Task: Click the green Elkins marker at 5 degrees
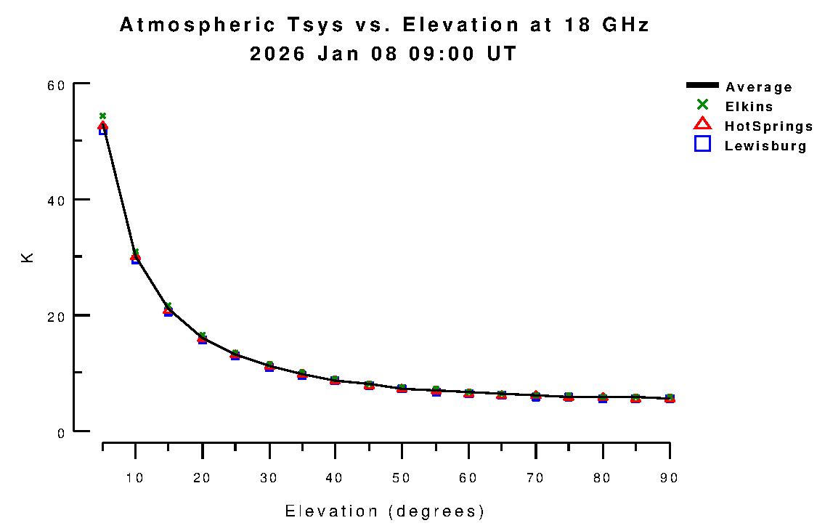click(102, 115)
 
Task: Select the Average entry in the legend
click(758, 87)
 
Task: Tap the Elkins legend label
click(749, 107)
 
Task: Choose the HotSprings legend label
click(768, 126)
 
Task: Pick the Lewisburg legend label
click(765, 146)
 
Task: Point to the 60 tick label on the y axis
click(57, 84)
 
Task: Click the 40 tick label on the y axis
click(57, 200)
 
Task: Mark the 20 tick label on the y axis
click(57, 316)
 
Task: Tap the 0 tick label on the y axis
click(61, 432)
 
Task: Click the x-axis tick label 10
click(135, 478)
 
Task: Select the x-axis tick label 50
click(402, 478)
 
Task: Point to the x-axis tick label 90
click(669, 478)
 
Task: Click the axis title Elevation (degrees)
click(384, 511)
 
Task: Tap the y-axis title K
click(28, 257)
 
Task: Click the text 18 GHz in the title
click(607, 25)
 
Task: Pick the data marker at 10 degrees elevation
click(135, 257)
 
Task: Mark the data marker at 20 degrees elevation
click(202, 338)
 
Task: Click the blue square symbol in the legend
click(702, 144)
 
